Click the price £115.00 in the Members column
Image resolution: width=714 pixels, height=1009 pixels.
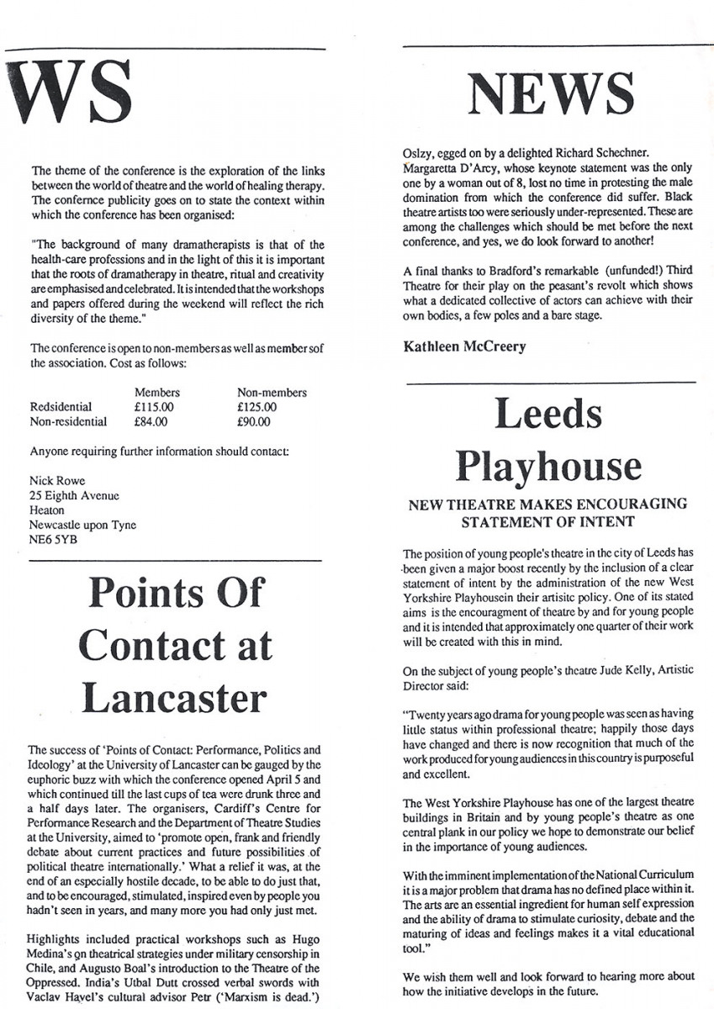(156, 407)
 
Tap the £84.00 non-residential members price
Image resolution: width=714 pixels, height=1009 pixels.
(151, 422)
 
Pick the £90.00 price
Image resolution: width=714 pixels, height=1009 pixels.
(254, 422)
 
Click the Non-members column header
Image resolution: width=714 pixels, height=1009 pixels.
(272, 392)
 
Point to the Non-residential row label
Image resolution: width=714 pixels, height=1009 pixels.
(68, 422)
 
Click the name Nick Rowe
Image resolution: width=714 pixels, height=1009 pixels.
(58, 480)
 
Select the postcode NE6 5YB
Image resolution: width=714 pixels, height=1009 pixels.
(53, 540)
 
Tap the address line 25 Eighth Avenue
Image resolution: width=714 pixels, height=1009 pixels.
(74, 495)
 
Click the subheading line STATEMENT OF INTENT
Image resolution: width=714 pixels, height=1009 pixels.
(547, 522)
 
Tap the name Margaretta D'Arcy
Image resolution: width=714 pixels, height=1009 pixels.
(450, 166)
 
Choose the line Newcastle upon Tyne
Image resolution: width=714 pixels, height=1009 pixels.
(82, 525)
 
